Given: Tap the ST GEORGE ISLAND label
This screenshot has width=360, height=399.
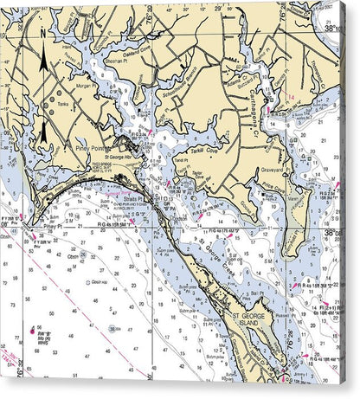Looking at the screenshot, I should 250,320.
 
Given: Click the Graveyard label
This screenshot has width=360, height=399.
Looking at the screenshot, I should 273,170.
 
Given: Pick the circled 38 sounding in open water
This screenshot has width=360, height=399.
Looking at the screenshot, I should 113,329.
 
